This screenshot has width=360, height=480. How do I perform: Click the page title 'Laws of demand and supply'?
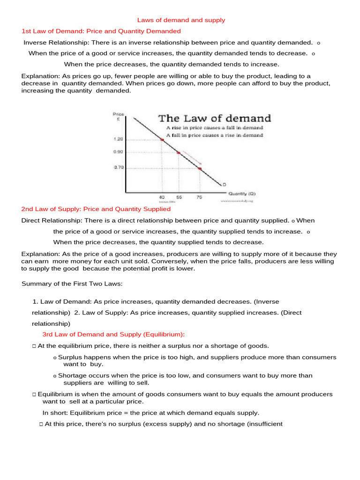[x=181, y=20]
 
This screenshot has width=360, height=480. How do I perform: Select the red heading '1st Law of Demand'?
[x=101, y=31]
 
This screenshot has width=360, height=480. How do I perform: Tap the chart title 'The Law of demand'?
[x=214, y=118]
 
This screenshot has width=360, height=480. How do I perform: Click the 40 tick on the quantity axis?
[x=162, y=197]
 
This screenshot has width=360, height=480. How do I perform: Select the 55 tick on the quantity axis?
[x=179, y=197]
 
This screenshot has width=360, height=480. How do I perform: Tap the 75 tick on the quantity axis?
[x=199, y=197]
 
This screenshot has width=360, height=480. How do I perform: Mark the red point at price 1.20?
[x=162, y=139]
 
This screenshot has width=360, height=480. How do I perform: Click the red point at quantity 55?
[x=179, y=152]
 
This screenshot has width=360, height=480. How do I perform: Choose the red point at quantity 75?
[x=200, y=168]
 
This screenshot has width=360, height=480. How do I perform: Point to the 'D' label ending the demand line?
[x=224, y=184]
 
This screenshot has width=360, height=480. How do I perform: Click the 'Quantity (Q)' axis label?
[x=242, y=193]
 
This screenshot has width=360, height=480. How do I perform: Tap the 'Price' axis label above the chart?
[x=119, y=114]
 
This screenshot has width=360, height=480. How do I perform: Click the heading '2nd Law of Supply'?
[x=96, y=209]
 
